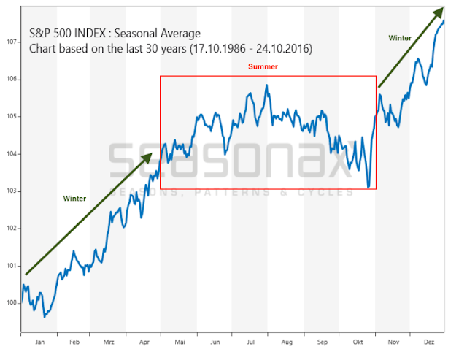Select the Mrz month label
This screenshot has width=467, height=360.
point(109,341)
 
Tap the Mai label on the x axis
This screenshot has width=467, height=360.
point(180,341)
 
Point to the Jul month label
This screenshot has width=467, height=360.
point(250,341)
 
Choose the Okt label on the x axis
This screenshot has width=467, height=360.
point(358,341)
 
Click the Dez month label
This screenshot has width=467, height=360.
point(428,341)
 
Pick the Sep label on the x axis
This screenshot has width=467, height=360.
point(322,341)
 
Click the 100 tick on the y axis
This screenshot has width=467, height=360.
point(12,302)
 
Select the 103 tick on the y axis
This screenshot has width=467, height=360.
point(12,191)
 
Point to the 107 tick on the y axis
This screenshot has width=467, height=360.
point(12,42)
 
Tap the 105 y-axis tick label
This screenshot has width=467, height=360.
point(12,116)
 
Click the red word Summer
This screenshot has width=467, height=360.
point(263,66)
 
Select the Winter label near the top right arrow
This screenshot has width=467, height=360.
point(399,38)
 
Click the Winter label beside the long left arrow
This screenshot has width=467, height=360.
point(75,198)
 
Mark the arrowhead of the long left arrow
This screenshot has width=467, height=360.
point(149,156)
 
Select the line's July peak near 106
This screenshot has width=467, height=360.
point(266,85)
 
